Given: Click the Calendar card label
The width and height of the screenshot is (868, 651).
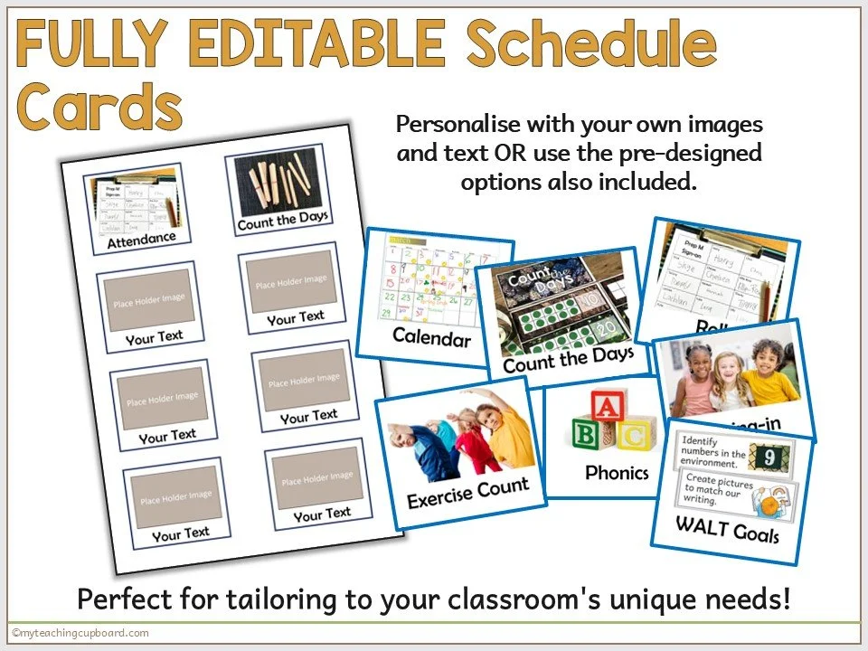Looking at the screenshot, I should (431, 338).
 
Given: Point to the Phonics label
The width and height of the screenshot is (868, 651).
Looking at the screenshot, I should (617, 472).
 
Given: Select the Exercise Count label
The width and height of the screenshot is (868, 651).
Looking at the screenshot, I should (467, 493).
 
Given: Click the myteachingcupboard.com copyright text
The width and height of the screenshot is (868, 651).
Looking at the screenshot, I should (80, 633).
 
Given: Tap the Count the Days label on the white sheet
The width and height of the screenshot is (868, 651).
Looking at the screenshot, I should (282, 220).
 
